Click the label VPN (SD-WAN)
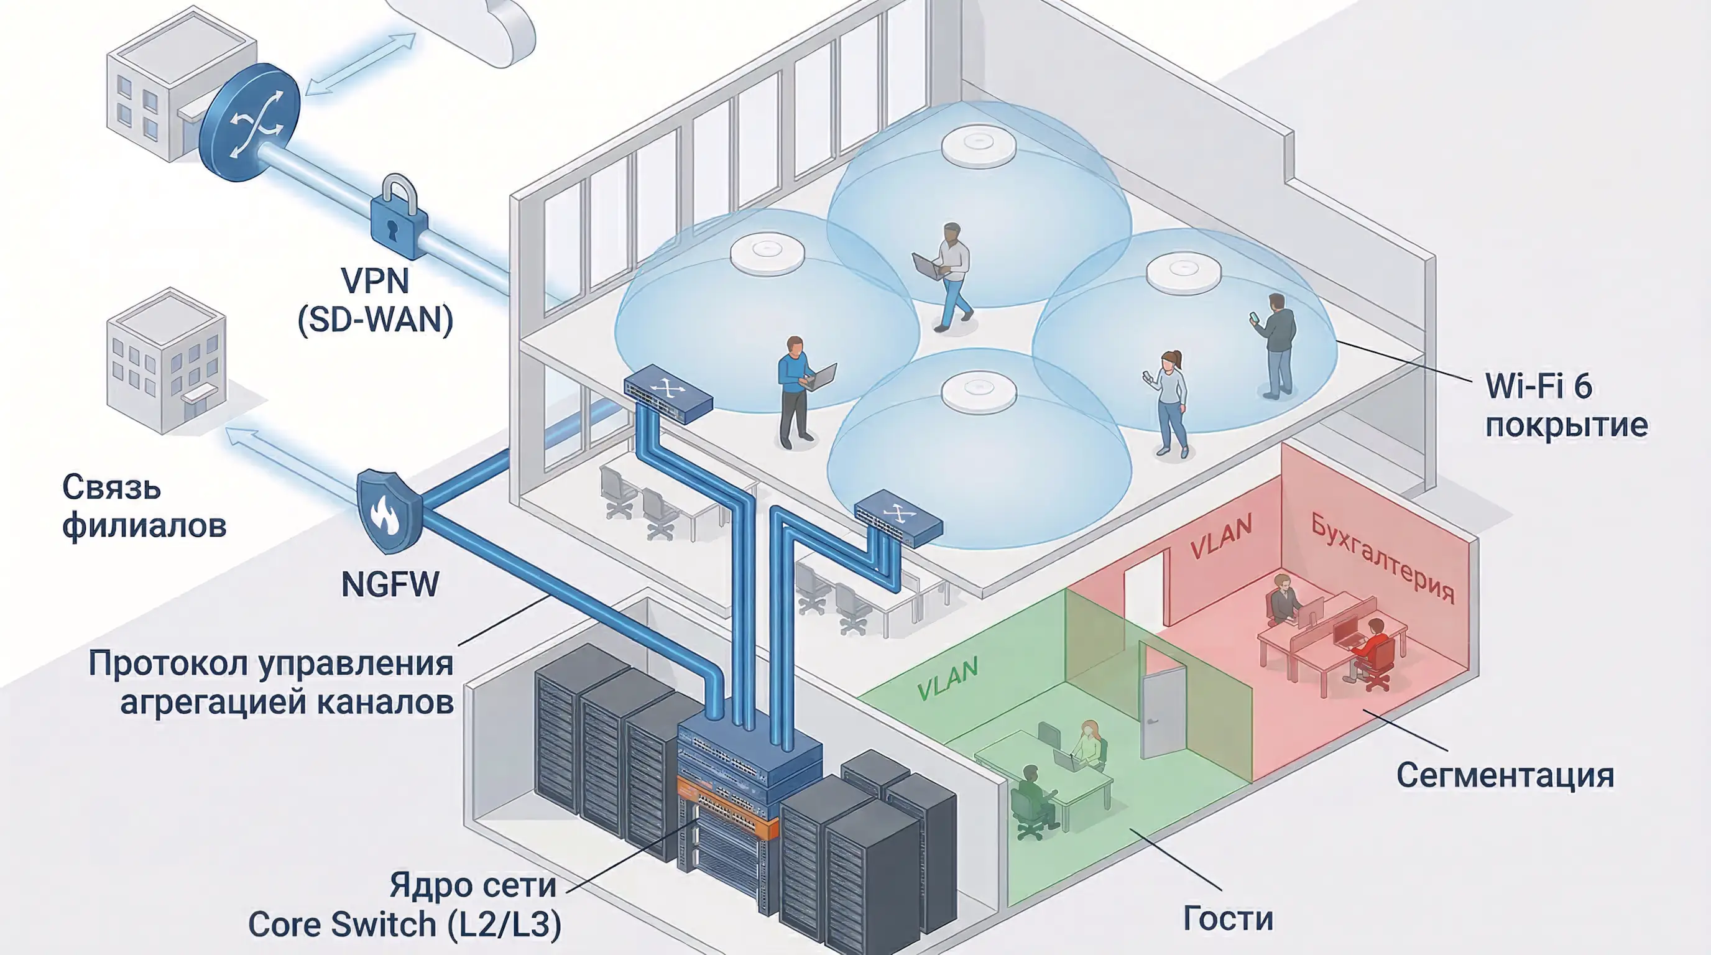(376, 300)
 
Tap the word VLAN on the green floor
(948, 679)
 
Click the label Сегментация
(1505, 776)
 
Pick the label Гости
(1228, 918)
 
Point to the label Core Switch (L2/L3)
(405, 924)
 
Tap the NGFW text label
(390, 585)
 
